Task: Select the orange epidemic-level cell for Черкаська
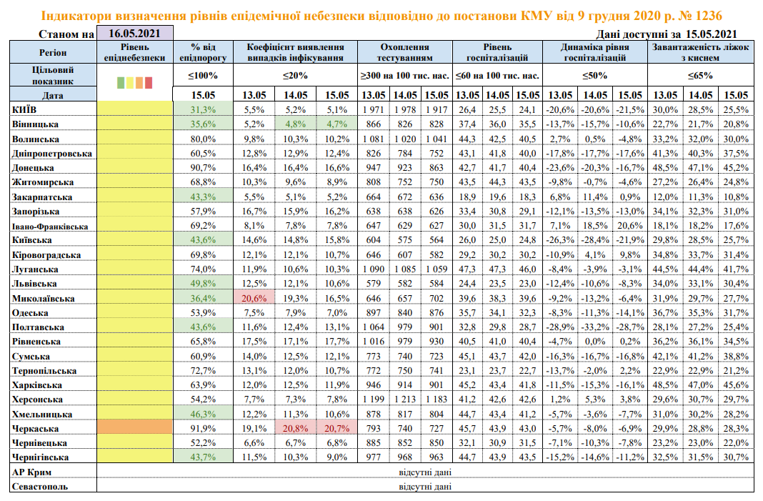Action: point(135,428)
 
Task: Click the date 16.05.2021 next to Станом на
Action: point(135,33)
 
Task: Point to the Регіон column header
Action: point(54,53)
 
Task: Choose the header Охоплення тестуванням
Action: point(404,53)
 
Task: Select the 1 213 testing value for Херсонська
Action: point(404,399)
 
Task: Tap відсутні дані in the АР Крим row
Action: point(426,472)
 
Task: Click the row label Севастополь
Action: point(40,486)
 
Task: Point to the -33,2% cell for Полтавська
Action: point(595,327)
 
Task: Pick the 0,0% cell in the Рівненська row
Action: point(595,341)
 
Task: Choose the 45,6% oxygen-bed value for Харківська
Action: point(736,385)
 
